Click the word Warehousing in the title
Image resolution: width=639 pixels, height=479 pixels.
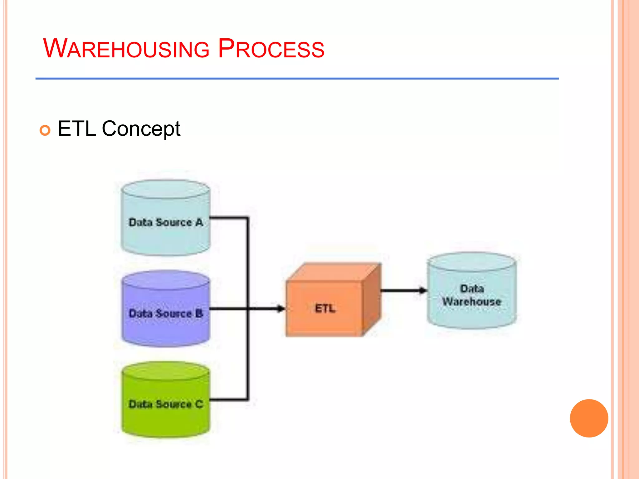pos(126,49)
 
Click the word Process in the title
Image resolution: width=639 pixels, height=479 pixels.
pos(271,49)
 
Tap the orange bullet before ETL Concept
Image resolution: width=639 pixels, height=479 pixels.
pos(45,130)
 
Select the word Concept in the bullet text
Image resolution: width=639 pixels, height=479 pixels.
pos(141,129)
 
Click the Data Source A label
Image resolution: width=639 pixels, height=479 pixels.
pos(166,222)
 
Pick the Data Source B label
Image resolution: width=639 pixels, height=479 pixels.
pos(166,313)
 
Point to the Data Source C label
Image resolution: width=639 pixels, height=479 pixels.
pos(166,404)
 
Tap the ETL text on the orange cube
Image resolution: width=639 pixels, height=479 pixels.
pos(325,308)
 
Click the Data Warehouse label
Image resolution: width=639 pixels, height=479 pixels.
pos(472,295)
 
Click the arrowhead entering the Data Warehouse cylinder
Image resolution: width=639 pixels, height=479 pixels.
pos(423,291)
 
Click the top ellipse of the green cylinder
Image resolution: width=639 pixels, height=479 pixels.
pos(166,371)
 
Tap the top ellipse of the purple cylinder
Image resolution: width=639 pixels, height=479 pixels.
pos(166,280)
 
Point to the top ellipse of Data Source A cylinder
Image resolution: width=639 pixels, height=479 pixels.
pos(166,189)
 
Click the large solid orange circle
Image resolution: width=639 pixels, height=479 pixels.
pos(589,418)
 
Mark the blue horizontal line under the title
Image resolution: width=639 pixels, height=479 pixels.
pos(296,79)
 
